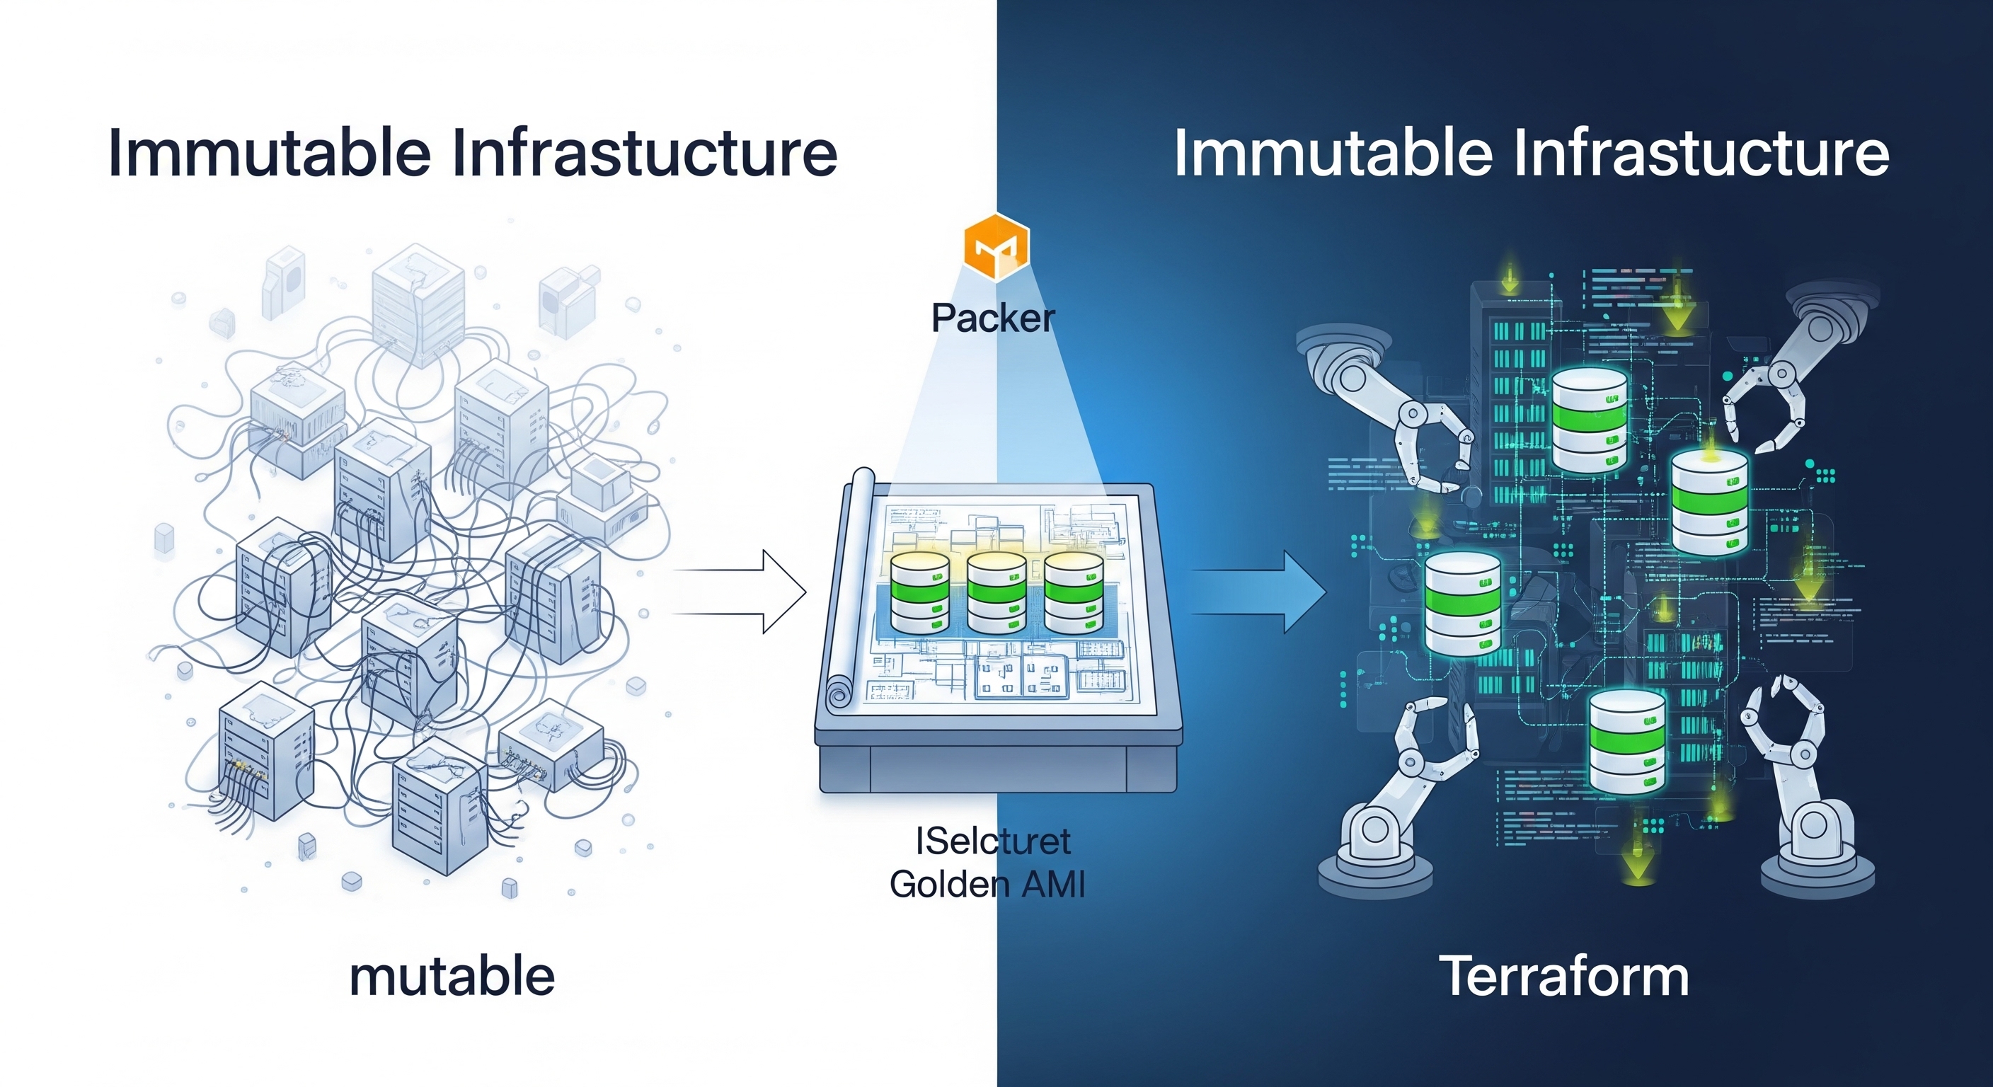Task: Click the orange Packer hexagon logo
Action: point(996,246)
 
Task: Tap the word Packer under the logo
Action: point(993,318)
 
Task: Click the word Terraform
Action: point(1563,977)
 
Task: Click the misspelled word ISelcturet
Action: point(993,841)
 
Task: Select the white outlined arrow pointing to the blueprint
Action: point(742,592)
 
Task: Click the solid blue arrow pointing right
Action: point(1257,592)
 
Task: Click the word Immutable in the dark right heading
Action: point(1332,152)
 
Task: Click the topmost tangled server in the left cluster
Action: point(418,306)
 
